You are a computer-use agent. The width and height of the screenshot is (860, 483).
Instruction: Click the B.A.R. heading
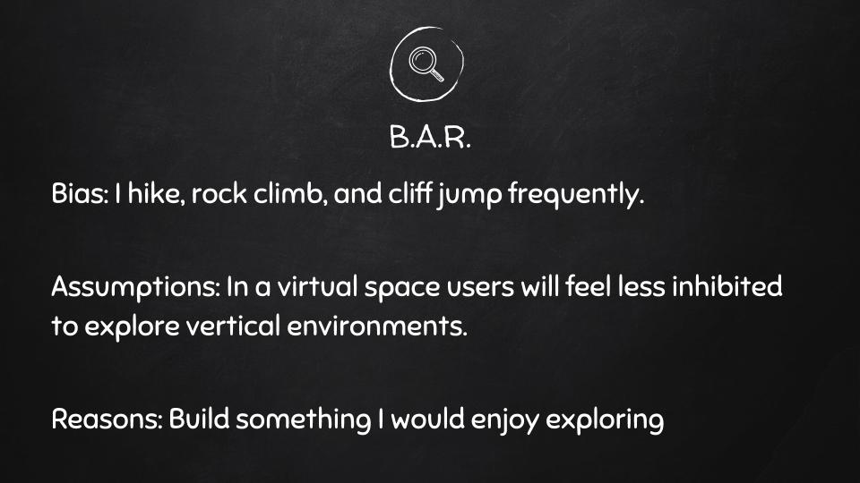tap(430, 137)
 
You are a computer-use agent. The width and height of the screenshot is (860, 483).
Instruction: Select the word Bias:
tap(80, 193)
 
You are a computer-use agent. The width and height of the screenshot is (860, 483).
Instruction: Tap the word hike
tap(157, 193)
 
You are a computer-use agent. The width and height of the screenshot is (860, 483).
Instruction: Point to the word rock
tap(219, 193)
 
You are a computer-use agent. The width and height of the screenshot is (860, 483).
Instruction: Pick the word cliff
tap(409, 193)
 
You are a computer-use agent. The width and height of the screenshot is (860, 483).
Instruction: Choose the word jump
tap(469, 196)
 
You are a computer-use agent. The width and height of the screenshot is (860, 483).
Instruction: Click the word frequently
tap(575, 195)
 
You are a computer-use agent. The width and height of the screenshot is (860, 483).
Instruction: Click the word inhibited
tap(727, 286)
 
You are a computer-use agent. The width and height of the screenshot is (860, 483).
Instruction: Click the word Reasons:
tap(107, 419)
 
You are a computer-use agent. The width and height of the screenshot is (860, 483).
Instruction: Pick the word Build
tap(199, 419)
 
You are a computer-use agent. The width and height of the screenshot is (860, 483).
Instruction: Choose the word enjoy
tap(504, 421)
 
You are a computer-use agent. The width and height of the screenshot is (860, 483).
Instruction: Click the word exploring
tap(605, 421)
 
